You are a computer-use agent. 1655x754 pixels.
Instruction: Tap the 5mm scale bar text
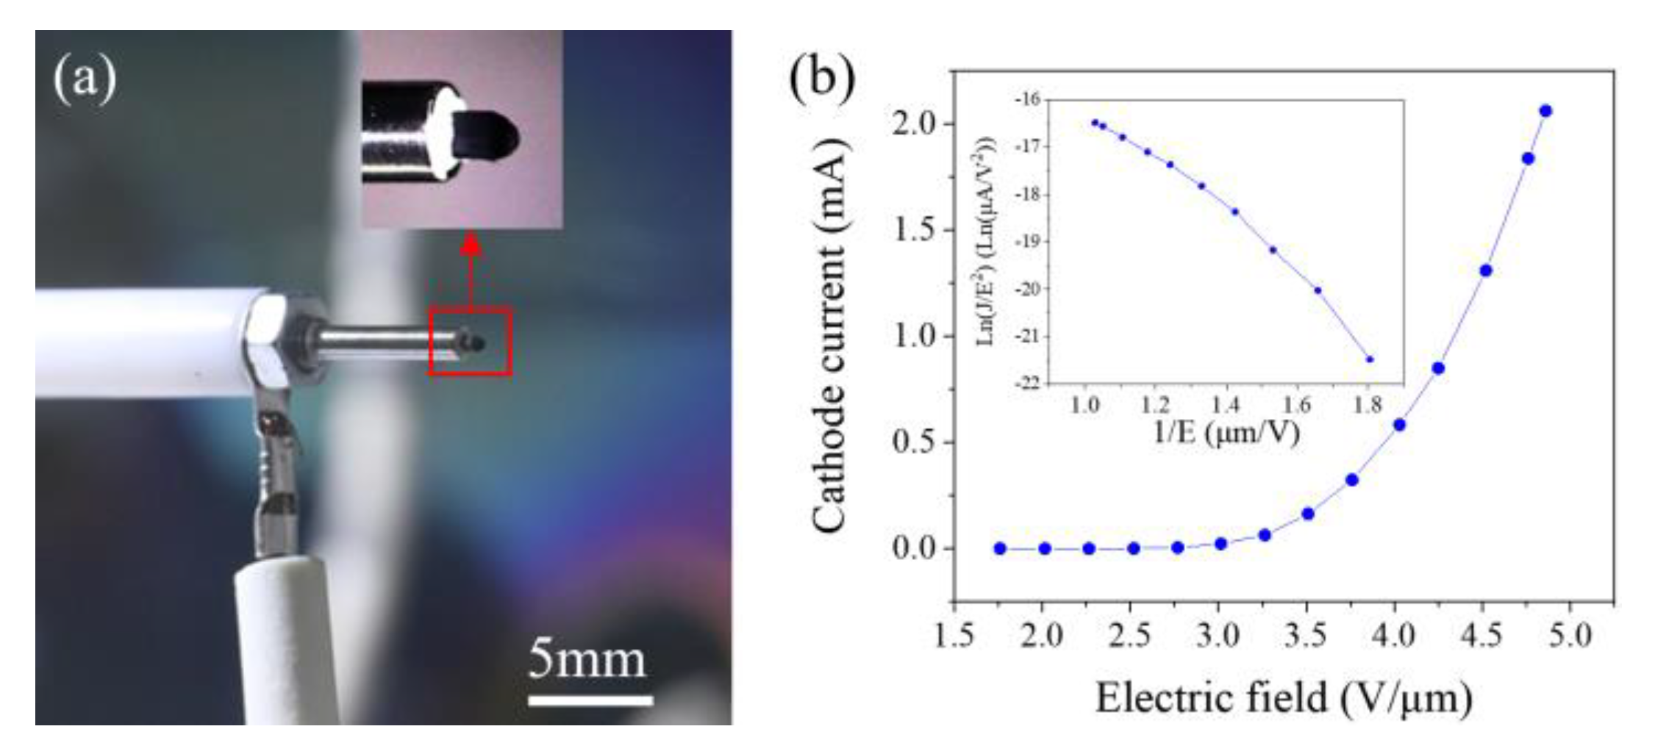tap(587, 659)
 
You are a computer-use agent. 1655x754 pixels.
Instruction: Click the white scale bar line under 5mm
tap(590, 700)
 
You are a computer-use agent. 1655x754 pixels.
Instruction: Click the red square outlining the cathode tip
tap(470, 341)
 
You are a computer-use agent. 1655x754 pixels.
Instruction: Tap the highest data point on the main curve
tap(1545, 111)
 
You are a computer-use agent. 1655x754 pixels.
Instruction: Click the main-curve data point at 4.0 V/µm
tap(1399, 425)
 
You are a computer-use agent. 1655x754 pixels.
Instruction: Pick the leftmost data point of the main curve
tap(1000, 548)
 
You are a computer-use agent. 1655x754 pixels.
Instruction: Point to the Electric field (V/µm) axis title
tap(1284, 697)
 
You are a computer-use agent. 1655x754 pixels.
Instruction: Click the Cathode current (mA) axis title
tap(832, 336)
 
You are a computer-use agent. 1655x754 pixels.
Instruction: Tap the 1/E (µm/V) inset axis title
tap(1225, 431)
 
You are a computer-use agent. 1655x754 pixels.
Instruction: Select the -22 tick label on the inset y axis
tap(1029, 383)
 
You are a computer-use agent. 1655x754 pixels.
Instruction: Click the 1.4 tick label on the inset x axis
tap(1225, 404)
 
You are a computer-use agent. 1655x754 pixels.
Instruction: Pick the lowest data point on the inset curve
tap(1370, 359)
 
